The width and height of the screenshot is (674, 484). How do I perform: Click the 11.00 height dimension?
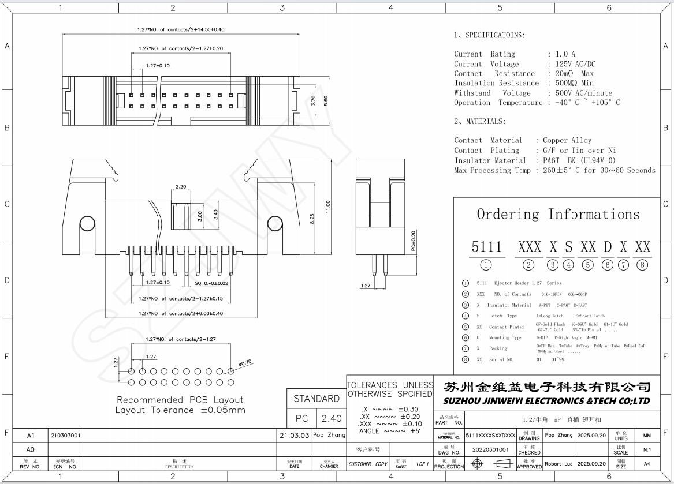328,206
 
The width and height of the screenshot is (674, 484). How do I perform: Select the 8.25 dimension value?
312,220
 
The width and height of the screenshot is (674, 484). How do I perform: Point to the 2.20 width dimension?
180,187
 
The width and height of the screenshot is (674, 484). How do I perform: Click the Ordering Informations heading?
558,215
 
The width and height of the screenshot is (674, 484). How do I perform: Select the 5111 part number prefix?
486,247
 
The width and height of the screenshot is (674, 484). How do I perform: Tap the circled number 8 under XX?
643,265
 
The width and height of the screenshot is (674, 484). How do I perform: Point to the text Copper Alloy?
567,140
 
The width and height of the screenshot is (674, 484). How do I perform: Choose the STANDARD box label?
316,399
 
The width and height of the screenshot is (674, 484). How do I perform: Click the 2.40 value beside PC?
332,418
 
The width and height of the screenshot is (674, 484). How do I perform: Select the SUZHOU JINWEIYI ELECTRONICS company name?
546,401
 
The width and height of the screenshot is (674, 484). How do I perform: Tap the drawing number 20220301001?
490,449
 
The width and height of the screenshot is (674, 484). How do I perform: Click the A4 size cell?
646,464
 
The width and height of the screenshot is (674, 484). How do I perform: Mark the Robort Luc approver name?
559,464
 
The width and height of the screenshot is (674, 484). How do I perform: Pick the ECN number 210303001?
66,435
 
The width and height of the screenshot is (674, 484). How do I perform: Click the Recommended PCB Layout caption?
180,400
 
